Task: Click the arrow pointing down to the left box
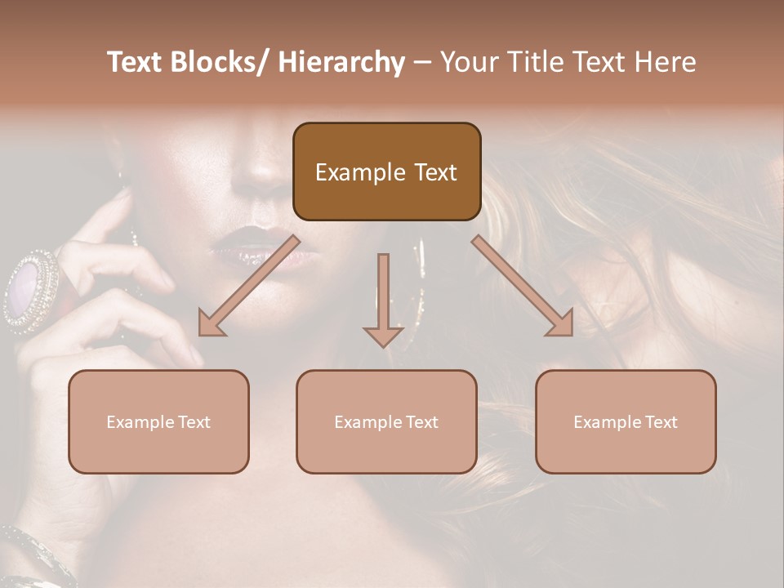(247, 287)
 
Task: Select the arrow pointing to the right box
(523, 287)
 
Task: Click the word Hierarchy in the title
(341, 62)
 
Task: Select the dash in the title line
(422, 63)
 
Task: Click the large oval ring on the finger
(31, 290)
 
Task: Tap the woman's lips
(249, 245)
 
